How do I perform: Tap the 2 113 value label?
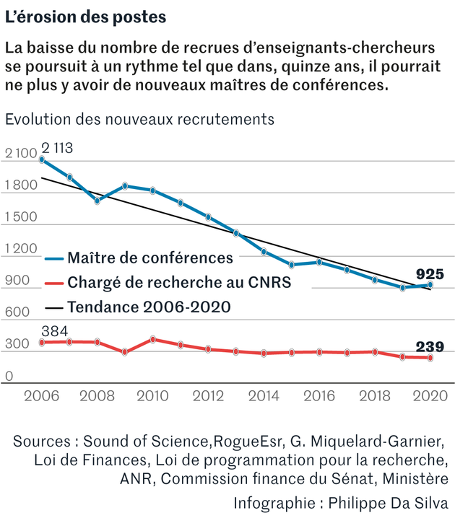point(57,148)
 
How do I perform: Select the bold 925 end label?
point(430,273)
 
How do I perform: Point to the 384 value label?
point(55,331)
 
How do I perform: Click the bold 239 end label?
point(430,347)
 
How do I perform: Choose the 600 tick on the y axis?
point(16,313)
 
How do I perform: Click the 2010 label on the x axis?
point(152,396)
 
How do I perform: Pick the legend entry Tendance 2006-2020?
point(149,307)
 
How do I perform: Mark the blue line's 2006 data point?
point(42,160)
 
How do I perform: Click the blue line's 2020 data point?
point(430,285)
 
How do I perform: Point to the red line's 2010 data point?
point(152,339)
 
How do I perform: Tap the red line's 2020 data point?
point(430,358)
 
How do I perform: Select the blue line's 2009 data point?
point(125,186)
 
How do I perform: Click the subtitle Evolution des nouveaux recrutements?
point(139,118)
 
